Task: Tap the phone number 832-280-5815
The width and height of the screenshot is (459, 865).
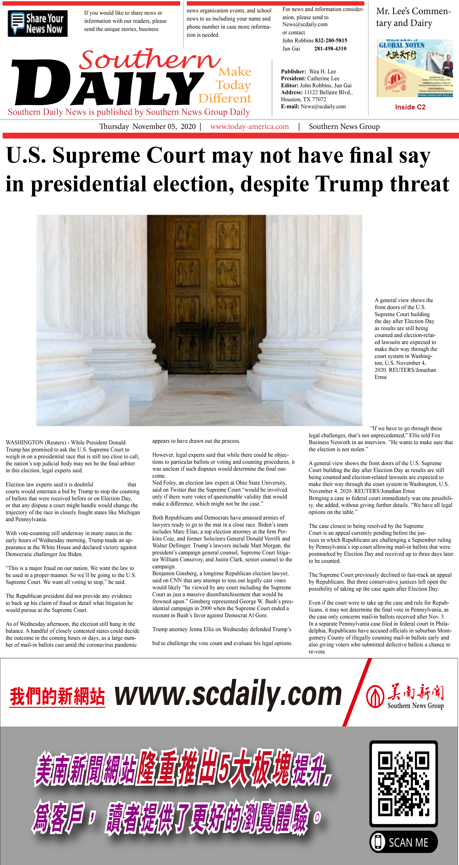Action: click(x=331, y=40)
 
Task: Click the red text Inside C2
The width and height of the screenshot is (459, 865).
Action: click(x=410, y=107)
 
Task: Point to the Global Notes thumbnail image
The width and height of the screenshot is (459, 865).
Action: click(x=414, y=68)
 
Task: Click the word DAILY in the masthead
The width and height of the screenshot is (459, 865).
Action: click(x=108, y=84)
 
